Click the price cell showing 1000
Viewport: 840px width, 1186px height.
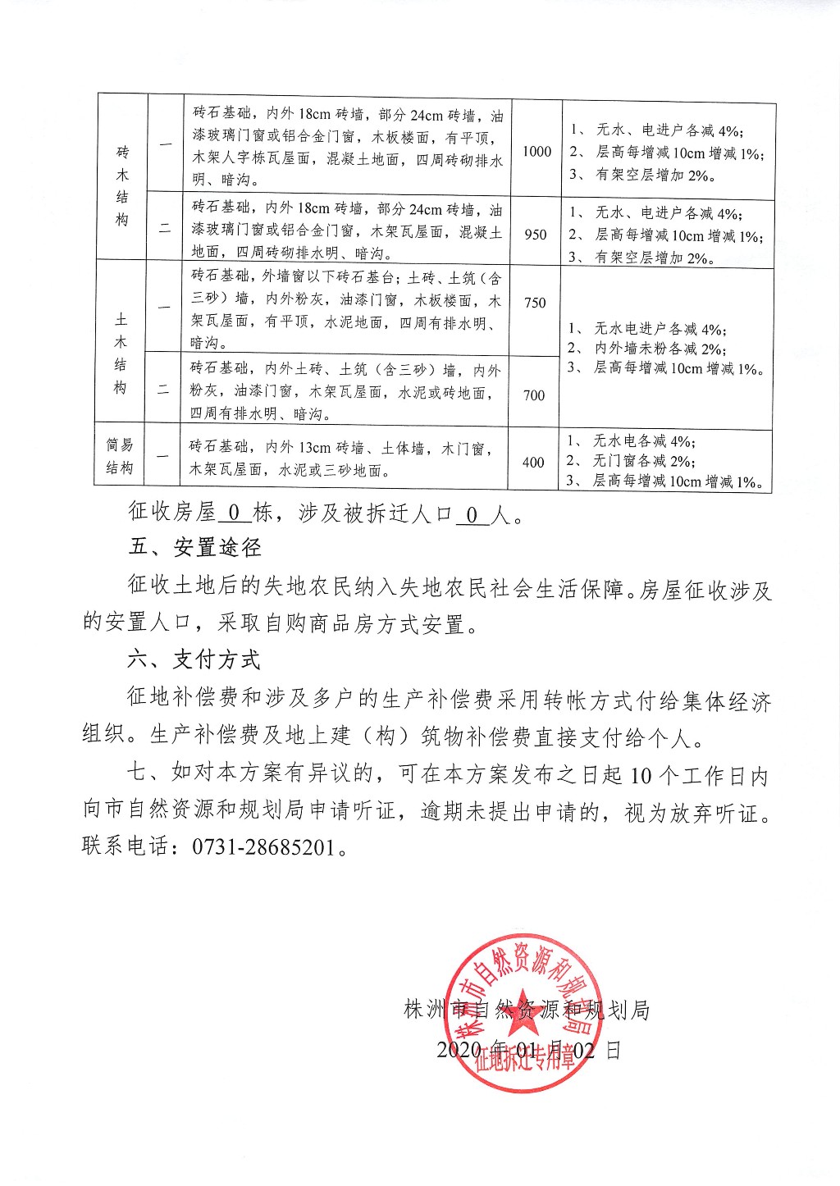pos(536,151)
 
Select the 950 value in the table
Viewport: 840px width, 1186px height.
pos(536,235)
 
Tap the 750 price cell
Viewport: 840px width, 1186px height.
pos(535,303)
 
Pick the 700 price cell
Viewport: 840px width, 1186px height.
pos(534,395)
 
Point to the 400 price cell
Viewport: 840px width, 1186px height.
pos(533,463)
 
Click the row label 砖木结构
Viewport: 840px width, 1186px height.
pos(122,186)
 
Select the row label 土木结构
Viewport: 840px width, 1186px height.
pos(121,353)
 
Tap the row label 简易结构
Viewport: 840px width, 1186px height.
pos(120,456)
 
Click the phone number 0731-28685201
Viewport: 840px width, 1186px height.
pos(263,846)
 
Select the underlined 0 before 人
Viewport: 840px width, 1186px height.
pos(472,514)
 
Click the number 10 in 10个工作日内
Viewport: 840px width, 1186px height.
pos(641,774)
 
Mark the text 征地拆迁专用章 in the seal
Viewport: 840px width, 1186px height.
pos(525,1059)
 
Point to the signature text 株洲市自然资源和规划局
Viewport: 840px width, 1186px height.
pos(527,1010)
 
